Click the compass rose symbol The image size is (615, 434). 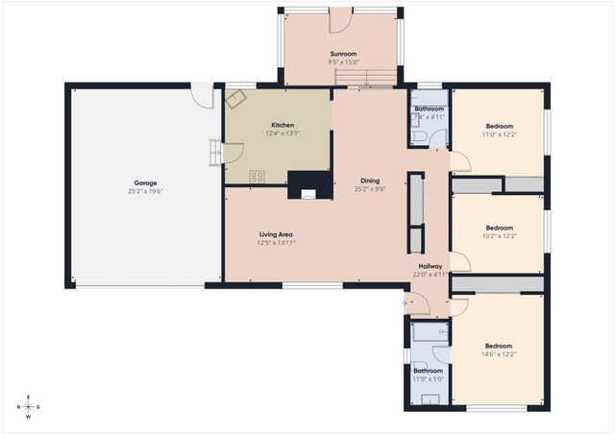(x=28, y=406)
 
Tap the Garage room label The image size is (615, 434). (x=145, y=182)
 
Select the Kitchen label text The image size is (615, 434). (x=283, y=125)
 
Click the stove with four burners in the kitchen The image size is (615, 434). (x=258, y=176)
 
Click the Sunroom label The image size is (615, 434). (x=344, y=54)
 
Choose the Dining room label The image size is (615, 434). (x=370, y=181)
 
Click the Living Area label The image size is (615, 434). (x=276, y=234)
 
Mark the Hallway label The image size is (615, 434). (x=430, y=266)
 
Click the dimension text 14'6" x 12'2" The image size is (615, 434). (x=498, y=354)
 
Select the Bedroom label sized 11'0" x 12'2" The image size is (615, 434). (x=499, y=126)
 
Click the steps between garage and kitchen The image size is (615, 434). (x=214, y=152)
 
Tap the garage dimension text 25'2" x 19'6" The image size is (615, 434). (x=145, y=191)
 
